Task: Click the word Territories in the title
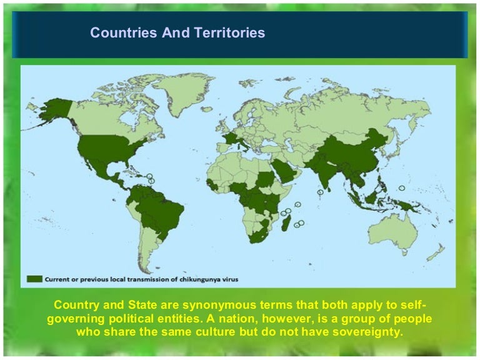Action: [228, 33]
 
